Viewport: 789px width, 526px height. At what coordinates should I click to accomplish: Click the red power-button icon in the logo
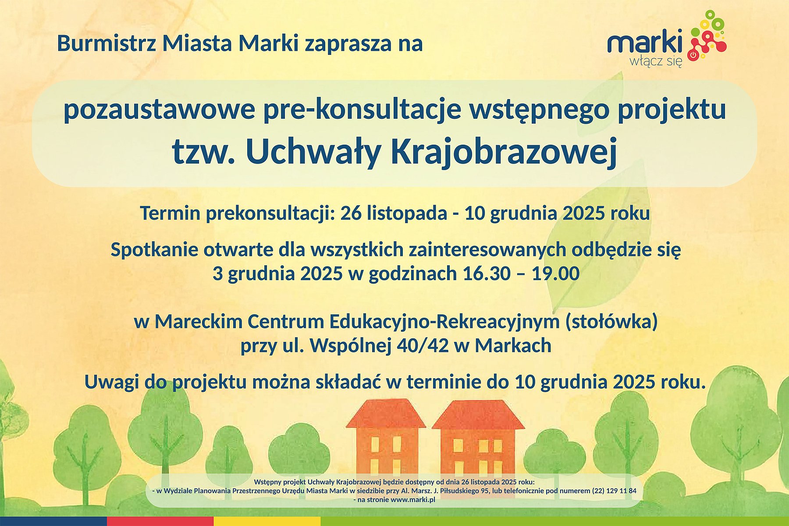point(693,55)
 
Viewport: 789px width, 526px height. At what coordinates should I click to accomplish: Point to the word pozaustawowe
point(159,110)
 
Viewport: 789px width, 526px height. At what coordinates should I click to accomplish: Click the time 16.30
point(487,274)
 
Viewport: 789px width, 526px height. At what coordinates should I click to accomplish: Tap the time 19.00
point(555,274)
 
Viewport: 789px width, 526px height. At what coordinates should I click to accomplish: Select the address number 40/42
point(423,345)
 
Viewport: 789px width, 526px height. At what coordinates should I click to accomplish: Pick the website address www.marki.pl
point(412,500)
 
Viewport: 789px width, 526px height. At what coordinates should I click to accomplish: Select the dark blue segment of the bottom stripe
point(53,521)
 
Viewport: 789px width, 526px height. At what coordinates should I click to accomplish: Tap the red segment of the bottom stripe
point(160,521)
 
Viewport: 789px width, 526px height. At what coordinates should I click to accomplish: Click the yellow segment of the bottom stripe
point(267,521)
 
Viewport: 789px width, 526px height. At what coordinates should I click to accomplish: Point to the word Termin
point(170,213)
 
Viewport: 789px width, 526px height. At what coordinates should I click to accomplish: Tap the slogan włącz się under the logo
point(656,61)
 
